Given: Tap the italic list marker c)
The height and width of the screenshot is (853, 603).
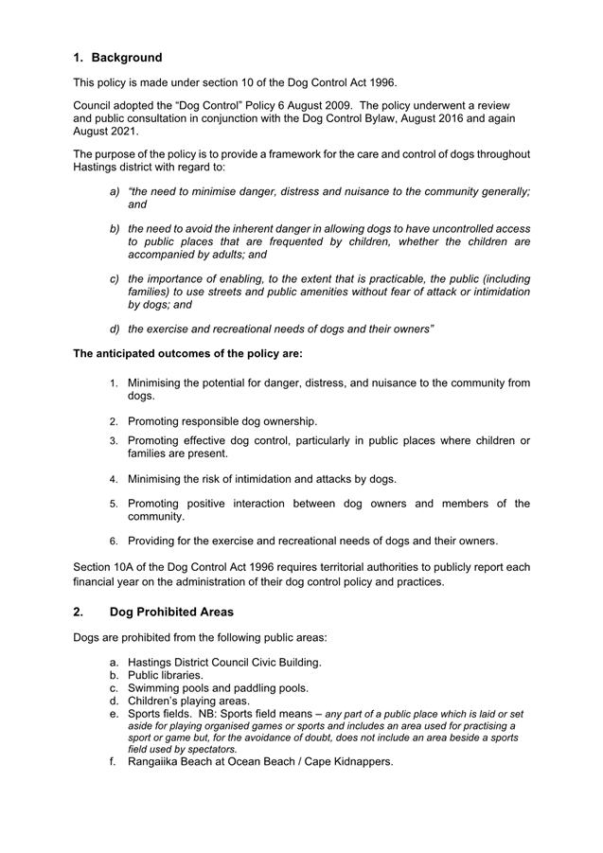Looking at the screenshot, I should [115, 279].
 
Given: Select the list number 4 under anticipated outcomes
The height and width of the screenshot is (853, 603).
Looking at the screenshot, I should [113, 477].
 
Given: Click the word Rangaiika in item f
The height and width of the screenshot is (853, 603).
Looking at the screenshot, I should [161, 761].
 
